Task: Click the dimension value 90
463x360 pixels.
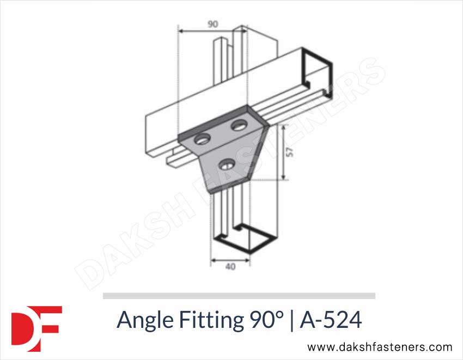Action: (x=212, y=25)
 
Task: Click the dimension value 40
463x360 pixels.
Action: (x=230, y=267)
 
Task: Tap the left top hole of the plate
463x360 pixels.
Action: (x=202, y=139)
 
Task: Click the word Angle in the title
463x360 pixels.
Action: (x=143, y=321)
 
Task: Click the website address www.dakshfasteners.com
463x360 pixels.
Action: (x=380, y=347)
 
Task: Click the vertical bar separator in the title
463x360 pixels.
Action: (x=292, y=320)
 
